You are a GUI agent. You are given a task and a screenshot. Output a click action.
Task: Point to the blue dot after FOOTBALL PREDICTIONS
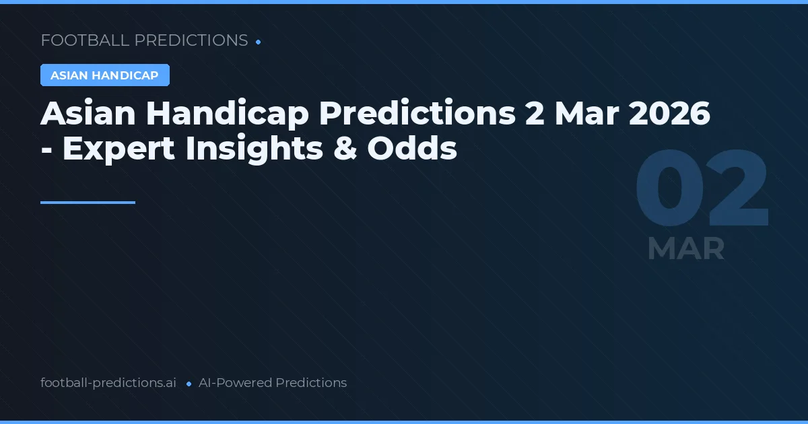(259, 42)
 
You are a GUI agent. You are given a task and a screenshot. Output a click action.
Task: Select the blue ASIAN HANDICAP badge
(104, 75)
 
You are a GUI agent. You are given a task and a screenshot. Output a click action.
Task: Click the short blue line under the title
(88, 202)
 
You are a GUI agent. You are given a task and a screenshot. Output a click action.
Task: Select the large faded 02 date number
(702, 190)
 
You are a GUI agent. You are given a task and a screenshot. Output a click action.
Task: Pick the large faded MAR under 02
(685, 249)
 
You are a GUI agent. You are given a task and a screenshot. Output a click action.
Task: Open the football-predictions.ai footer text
(108, 383)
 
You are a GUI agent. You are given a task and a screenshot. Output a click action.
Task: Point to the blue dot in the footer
(189, 384)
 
